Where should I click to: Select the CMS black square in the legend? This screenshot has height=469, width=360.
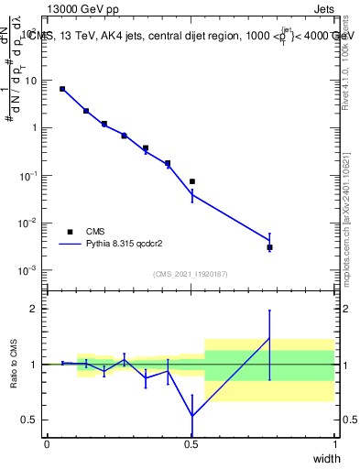click(x=70, y=232)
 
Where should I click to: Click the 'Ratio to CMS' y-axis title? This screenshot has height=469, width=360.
click(x=14, y=365)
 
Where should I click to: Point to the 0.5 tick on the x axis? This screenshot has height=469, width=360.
click(x=191, y=443)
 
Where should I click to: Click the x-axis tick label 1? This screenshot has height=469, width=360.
click(x=335, y=443)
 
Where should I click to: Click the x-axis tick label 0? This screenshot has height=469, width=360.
click(x=47, y=443)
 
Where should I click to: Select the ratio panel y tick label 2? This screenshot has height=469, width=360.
click(x=34, y=309)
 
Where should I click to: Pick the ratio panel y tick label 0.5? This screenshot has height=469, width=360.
click(x=30, y=420)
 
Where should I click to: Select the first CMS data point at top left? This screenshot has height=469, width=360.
click(x=62, y=89)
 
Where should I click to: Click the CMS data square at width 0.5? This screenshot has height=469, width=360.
click(x=191, y=181)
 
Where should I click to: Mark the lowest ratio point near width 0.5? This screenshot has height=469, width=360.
click(x=191, y=416)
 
